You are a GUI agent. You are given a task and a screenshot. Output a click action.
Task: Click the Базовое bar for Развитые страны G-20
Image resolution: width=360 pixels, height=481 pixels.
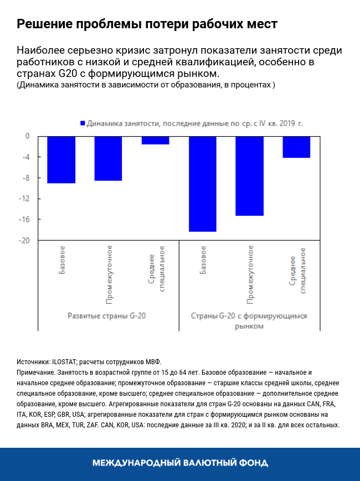pos(61,159)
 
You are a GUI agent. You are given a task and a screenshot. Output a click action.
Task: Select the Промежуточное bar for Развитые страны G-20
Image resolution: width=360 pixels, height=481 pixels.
pos(108,158)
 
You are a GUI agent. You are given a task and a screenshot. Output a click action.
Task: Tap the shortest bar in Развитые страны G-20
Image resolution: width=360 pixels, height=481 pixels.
pos(155,140)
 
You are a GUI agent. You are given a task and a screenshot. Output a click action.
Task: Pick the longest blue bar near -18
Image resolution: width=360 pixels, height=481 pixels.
pos(203,183)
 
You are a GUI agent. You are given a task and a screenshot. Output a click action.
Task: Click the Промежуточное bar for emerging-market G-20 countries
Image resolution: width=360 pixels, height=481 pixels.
pos(250,175)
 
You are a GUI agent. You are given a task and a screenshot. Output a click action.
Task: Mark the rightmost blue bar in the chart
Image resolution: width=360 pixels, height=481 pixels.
pos(296,147)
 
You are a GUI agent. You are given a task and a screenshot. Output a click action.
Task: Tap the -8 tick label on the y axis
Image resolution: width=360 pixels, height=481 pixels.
pos(25,178)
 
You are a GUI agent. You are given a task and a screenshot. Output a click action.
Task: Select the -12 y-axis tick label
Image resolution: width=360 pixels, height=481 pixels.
pos(24,199)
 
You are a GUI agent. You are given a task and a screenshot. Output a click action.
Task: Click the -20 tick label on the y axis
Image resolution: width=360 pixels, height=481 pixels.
pos(24,240)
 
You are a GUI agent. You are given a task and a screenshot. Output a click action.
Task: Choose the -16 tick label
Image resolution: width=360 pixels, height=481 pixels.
pos(24,220)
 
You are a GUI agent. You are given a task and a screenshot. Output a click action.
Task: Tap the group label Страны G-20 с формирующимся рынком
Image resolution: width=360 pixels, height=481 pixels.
pos(249,321)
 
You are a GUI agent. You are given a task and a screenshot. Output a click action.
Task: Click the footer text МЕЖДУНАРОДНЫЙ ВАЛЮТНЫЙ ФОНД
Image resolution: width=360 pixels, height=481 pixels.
pos(180,463)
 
